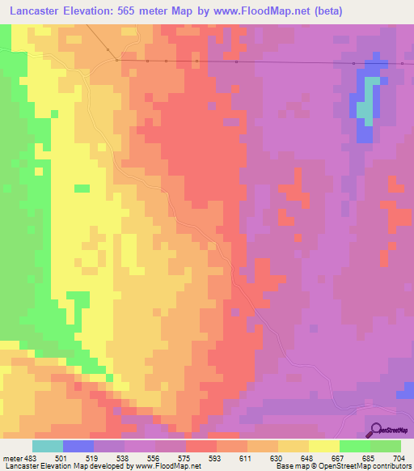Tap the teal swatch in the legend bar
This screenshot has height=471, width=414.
click(x=47, y=445)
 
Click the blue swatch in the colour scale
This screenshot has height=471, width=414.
click(x=78, y=445)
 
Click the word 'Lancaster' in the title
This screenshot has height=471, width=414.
click(x=36, y=11)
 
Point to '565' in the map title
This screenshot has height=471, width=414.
click(x=146, y=11)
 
